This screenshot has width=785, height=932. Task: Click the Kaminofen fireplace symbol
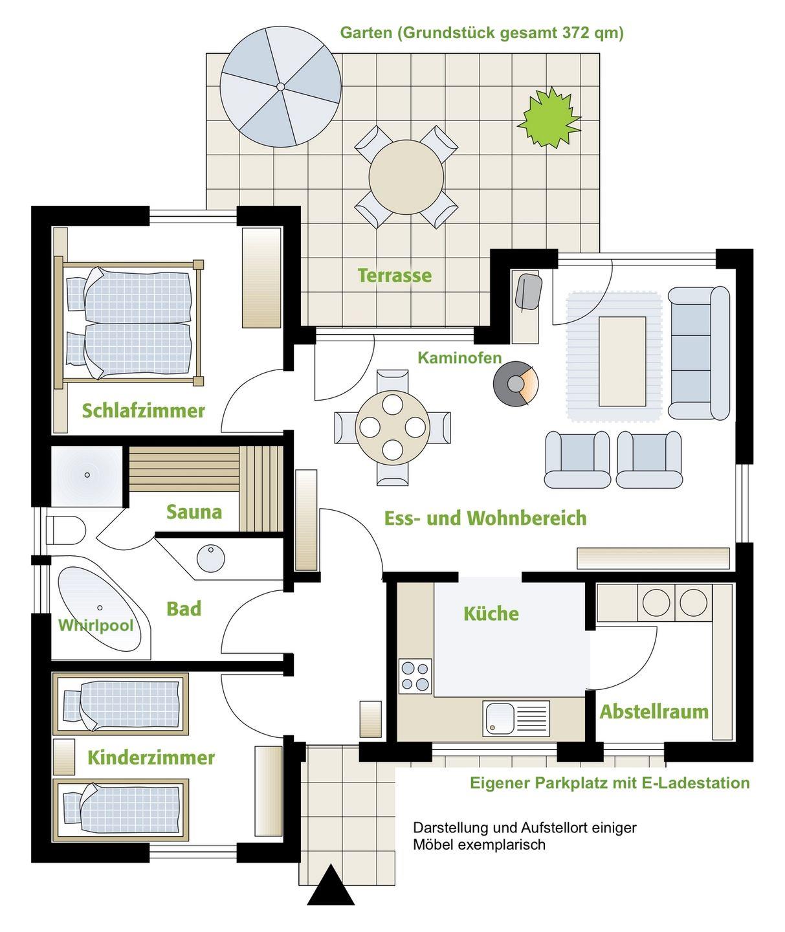[515, 384]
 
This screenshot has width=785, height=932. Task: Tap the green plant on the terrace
[549, 117]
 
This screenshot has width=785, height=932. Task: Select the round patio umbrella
[281, 86]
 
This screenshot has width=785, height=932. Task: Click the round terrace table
[406, 177]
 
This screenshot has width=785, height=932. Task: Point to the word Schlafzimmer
[143, 410]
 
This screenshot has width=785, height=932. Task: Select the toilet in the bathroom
[65, 531]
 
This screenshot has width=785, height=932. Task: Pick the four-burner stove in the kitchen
[415, 676]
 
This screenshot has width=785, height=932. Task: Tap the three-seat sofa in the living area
[698, 353]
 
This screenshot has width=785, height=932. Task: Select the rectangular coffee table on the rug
[623, 362]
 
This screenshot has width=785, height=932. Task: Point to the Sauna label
[194, 512]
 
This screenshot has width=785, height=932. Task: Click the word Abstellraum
[654, 712]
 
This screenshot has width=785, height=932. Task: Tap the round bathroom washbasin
[210, 558]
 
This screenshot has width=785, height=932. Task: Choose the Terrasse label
[395, 276]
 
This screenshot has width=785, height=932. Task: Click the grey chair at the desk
[529, 291]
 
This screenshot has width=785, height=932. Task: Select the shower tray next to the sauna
[87, 476]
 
